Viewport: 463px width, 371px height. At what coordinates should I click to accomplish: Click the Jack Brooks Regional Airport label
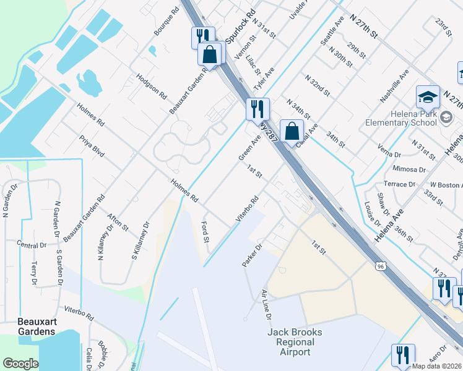point(295,342)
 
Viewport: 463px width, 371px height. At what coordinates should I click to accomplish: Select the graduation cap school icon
point(428,97)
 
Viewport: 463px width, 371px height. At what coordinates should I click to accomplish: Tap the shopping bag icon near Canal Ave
point(292,131)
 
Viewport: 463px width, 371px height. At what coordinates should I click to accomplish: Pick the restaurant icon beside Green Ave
point(257,109)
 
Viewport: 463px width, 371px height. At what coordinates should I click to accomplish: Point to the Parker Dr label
point(253,255)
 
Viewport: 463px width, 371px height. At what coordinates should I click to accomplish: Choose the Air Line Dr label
point(266,305)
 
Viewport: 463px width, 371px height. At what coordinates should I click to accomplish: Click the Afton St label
point(118,220)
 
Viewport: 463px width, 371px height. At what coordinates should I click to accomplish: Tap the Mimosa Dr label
point(409,169)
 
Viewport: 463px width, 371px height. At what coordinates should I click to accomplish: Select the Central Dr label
point(32,244)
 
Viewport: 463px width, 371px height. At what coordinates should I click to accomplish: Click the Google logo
point(20,364)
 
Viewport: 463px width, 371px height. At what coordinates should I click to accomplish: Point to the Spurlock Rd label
point(240,26)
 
